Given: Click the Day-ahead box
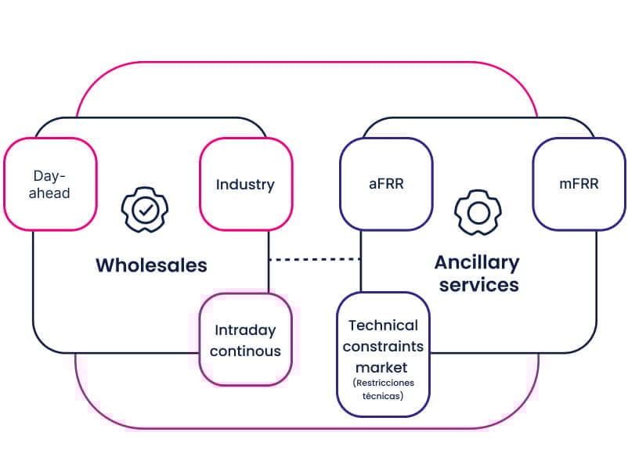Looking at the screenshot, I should coord(50,185).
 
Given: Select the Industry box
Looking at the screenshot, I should coord(245,185).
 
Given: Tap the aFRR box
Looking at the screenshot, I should coord(385,185).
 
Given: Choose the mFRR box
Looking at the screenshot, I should coord(579,185).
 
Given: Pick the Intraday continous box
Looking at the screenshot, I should coord(245,340).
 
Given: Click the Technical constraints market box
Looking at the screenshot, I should coord(384,354).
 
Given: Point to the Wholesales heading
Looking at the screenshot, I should coord(151,265).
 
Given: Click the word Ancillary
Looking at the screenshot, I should coord(477,262).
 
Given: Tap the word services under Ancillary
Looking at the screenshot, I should coord(478,284).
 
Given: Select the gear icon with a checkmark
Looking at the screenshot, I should coord(144,209).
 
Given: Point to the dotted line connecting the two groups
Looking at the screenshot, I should coord(314,259).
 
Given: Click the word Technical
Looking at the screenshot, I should coord(384,325).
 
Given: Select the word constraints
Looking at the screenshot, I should coord(384,346).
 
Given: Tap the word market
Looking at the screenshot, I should coord(384,367).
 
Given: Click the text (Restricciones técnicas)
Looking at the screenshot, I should coord(384,389).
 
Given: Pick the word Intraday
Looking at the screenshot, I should coord(244,330).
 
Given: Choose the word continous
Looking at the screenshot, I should coord(245,351).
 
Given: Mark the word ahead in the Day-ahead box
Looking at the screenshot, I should coord(51,193).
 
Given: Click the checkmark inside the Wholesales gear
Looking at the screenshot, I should coord(144,209).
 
